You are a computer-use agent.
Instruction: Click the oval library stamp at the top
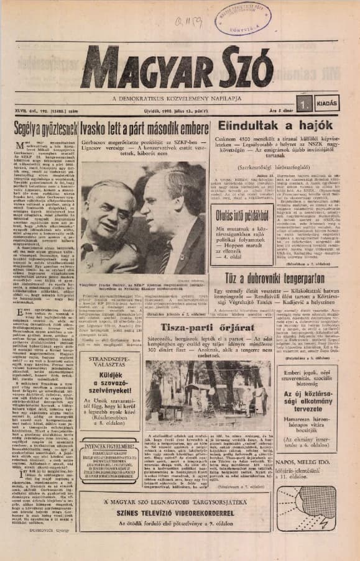coord(238,19)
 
